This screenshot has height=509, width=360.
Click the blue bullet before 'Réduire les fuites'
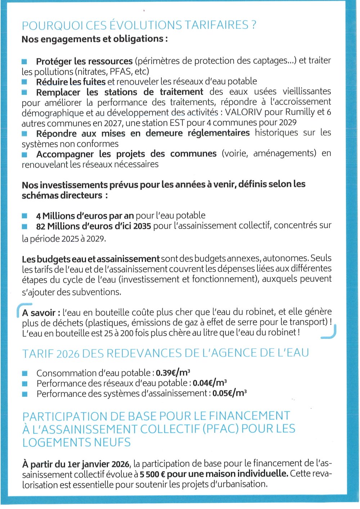(x=24, y=82)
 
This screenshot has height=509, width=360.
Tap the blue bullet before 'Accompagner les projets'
(x=24, y=155)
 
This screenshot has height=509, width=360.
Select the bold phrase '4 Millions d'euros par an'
(x=85, y=216)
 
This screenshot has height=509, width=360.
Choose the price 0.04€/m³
(x=210, y=383)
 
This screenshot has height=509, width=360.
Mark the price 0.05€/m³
(x=229, y=393)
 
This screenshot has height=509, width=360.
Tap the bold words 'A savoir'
(x=39, y=313)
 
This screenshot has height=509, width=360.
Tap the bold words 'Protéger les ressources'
(x=84, y=61)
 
